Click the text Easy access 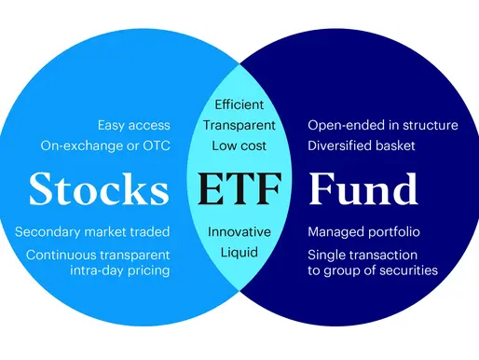tap(133, 125)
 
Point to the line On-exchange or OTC tap(105, 145)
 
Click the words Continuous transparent tap(99, 254)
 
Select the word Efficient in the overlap tap(239, 104)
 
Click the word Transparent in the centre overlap tap(239, 125)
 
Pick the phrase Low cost tap(239, 145)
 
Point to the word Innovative tap(239, 231)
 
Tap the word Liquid tap(239, 253)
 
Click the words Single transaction tap(363, 254)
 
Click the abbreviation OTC tap(154, 145)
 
